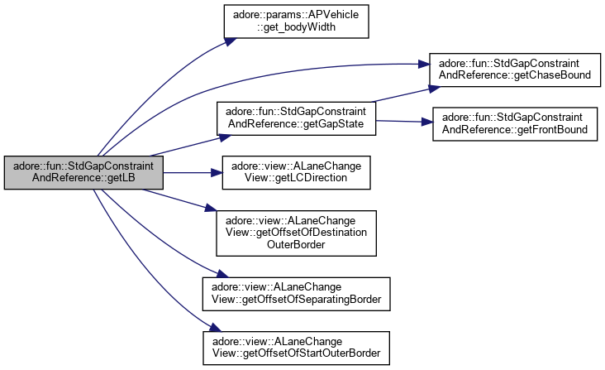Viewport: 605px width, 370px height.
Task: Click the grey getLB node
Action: [83, 172]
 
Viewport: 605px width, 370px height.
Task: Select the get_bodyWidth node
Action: [295, 24]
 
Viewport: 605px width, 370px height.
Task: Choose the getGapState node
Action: [296, 119]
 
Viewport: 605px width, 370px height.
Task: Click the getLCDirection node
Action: [295, 172]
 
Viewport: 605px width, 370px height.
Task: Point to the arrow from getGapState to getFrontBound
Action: [402, 122]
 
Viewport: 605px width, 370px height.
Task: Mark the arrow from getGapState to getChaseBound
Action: [402, 92]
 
